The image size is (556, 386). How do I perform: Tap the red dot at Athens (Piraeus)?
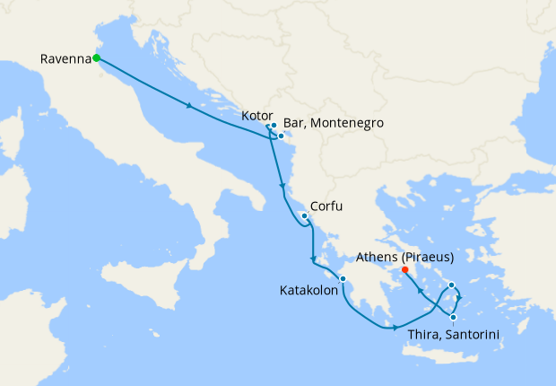(x=405, y=269)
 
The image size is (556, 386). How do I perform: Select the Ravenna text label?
(x=65, y=59)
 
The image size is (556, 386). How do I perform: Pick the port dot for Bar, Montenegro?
(x=281, y=136)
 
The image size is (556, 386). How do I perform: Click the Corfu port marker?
(x=305, y=215)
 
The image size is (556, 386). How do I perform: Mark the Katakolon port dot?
(x=343, y=278)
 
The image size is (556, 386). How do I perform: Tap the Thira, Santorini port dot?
(x=454, y=317)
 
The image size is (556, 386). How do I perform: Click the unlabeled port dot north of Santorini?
(x=452, y=285)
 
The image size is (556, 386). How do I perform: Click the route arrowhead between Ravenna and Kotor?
(x=189, y=107)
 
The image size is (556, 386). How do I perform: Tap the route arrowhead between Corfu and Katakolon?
(x=313, y=260)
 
